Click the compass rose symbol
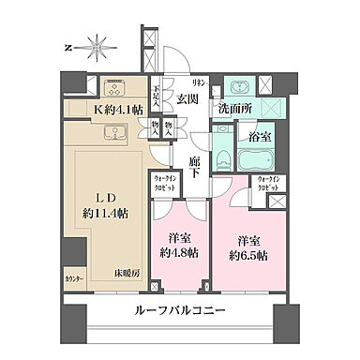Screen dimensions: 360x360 (x=97, y=44)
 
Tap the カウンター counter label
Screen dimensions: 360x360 (x=74, y=279)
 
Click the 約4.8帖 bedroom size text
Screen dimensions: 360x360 (x=177, y=251)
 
